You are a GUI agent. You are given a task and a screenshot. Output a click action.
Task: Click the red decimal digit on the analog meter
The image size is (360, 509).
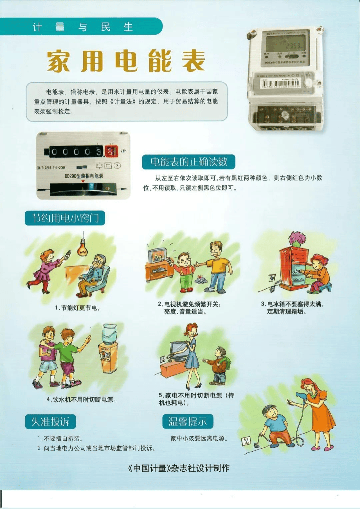pos(110,151)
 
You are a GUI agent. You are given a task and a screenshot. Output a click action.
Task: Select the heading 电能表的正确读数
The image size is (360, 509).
pos(189,162)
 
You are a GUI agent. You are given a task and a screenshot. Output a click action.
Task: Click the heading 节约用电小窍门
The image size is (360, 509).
pos(65,218)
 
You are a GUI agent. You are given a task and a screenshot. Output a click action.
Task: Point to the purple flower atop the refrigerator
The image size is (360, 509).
pos(298,238)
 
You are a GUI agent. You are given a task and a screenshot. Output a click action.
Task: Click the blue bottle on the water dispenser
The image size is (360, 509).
pos(110,334)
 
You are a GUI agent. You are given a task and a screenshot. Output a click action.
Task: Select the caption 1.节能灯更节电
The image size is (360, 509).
pos(78,308)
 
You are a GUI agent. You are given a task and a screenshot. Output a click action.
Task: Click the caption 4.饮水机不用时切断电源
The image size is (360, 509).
pos(81,399)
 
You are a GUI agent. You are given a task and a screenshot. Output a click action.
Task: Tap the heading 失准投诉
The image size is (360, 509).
pos(50,422)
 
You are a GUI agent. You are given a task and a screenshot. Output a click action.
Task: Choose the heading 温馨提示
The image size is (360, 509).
pos(188,421)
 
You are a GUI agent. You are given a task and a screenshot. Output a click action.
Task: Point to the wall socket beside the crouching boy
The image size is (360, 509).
pos(246,441)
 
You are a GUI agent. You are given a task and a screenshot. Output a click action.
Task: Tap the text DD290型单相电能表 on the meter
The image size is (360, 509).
pos(84,176)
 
